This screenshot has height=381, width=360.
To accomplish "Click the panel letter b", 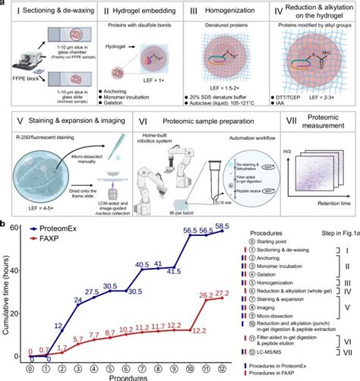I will coord(5,225).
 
